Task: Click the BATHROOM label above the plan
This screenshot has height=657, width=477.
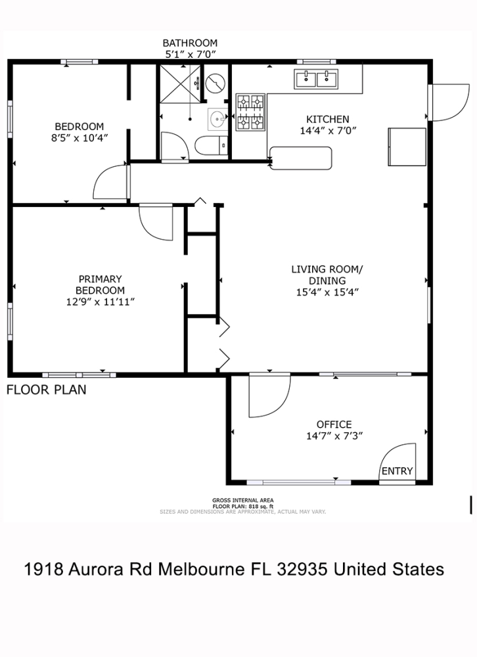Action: pos(190,43)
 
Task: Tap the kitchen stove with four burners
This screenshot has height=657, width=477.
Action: pos(250,112)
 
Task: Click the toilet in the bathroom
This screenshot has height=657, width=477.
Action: pos(212,146)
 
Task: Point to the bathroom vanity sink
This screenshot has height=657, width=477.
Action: pos(217,118)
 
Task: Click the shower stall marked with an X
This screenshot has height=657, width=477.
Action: pos(181,83)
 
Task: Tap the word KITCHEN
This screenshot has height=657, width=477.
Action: pos(327,119)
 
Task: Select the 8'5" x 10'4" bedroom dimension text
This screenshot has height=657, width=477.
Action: pos(79,138)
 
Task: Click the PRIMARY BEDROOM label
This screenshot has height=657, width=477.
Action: pos(100,284)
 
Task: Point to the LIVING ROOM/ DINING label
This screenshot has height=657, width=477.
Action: pos(327,275)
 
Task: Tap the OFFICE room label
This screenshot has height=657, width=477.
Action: pos(334,424)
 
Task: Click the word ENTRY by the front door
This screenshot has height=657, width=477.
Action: pos(397,471)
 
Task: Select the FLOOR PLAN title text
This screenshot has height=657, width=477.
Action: pos(47,390)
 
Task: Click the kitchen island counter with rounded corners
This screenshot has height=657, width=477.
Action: pos(301,158)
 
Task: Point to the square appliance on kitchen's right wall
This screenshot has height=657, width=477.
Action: pos(407,147)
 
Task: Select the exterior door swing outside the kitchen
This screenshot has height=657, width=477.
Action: pos(449,102)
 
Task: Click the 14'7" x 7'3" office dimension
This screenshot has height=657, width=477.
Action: pos(334,436)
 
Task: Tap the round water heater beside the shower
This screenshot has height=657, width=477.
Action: pos(216,83)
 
